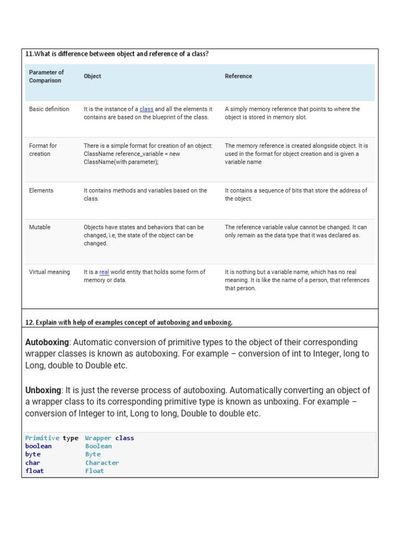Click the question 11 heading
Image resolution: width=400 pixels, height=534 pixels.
117,54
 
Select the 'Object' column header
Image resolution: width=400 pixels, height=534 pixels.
92,76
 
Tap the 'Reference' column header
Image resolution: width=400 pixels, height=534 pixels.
238,76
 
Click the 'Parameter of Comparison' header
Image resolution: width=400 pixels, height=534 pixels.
46,77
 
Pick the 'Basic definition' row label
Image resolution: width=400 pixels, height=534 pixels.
49,109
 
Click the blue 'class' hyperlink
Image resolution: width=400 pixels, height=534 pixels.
146,109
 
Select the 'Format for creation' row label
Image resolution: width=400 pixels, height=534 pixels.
43,150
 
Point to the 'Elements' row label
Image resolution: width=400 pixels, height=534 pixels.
41,190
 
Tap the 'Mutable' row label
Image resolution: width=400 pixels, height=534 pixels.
40,227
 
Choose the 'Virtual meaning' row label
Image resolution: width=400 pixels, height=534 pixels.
49,272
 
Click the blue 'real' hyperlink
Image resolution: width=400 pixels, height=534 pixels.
104,272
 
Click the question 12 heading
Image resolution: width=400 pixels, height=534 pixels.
129,322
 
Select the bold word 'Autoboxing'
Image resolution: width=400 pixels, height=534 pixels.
47,342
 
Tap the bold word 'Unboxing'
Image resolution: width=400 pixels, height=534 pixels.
43,390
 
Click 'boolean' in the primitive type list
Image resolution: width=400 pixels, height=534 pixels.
39,446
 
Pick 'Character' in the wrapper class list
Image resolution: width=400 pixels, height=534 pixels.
102,463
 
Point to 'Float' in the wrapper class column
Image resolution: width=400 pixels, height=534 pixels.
94,471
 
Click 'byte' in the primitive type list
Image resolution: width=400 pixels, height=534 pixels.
33,454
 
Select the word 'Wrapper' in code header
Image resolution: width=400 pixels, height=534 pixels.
98,438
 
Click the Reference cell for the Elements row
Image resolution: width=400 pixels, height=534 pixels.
296,195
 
